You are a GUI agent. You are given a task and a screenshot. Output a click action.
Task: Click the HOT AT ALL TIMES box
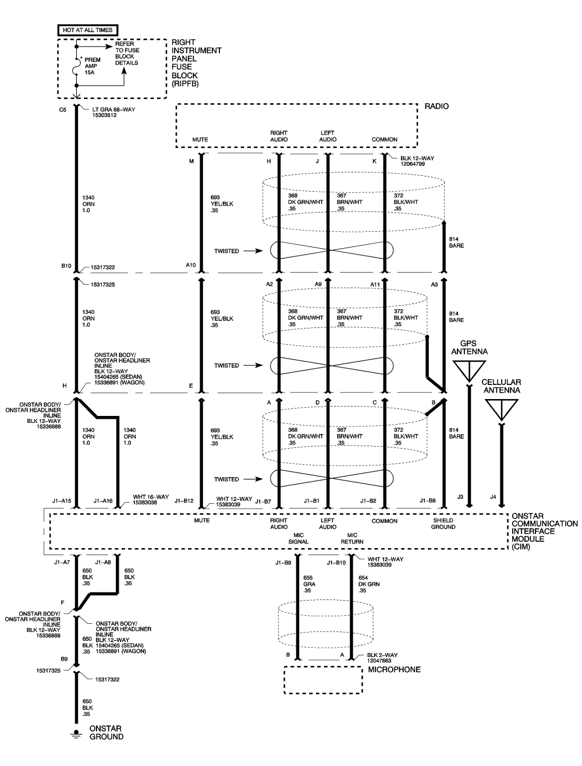(87, 29)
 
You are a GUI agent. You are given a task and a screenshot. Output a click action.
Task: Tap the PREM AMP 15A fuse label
(93, 66)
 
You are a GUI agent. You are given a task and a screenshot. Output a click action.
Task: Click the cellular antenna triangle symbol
(501, 408)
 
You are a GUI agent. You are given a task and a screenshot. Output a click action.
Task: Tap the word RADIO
(437, 107)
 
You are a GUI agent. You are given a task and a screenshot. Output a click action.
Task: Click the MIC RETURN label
(352, 538)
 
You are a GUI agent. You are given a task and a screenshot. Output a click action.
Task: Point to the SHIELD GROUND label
(443, 524)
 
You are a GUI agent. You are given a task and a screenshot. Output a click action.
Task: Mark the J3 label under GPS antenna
(460, 497)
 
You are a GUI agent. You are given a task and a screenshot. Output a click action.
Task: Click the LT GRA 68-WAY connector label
(113, 112)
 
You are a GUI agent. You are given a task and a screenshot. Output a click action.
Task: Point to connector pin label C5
(63, 109)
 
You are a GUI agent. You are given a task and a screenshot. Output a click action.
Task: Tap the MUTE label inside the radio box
(200, 140)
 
